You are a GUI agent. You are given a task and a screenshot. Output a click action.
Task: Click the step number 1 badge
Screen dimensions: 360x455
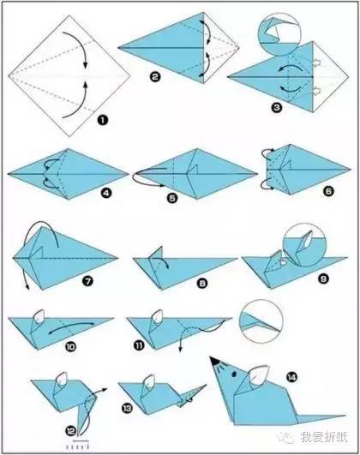click(x=102, y=120)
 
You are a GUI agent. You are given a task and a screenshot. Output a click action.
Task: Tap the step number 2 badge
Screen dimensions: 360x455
click(x=155, y=77)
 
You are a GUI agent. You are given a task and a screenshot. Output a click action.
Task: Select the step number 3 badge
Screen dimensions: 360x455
click(x=277, y=108)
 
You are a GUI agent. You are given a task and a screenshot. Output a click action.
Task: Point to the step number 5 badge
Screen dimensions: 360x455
click(x=172, y=198)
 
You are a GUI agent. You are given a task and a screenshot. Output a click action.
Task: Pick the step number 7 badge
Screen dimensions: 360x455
click(x=87, y=280)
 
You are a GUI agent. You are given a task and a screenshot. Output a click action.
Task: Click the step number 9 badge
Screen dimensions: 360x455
click(x=323, y=278)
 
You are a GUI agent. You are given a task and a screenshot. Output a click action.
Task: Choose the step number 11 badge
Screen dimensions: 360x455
click(x=139, y=345)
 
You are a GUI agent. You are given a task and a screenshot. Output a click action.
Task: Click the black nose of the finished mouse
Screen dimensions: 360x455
click(x=215, y=361)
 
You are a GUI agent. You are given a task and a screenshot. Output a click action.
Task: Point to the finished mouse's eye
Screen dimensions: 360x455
click(x=234, y=374)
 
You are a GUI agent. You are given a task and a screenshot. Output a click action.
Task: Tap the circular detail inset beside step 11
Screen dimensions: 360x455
click(x=261, y=320)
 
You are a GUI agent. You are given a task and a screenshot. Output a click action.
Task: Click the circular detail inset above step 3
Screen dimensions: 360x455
click(x=279, y=34)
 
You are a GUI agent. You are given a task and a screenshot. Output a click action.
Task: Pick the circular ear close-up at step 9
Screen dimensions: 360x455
click(x=304, y=245)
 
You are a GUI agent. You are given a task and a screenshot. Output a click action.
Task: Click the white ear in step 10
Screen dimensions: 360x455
click(x=39, y=317)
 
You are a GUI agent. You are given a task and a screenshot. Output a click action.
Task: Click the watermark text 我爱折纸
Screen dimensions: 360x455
click(x=324, y=437)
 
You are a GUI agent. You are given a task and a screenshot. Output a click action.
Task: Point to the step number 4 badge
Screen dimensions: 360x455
click(x=106, y=193)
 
